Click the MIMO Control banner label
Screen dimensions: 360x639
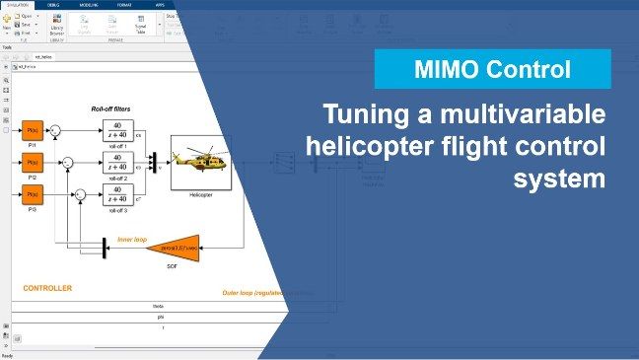click(x=492, y=70)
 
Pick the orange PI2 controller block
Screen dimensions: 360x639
click(x=33, y=161)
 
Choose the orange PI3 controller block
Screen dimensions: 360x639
click(x=33, y=192)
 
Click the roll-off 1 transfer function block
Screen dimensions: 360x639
click(x=117, y=130)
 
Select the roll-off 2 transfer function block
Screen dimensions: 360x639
click(x=117, y=161)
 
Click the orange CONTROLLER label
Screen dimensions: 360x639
click(x=47, y=288)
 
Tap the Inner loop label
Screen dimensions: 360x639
click(x=132, y=238)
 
